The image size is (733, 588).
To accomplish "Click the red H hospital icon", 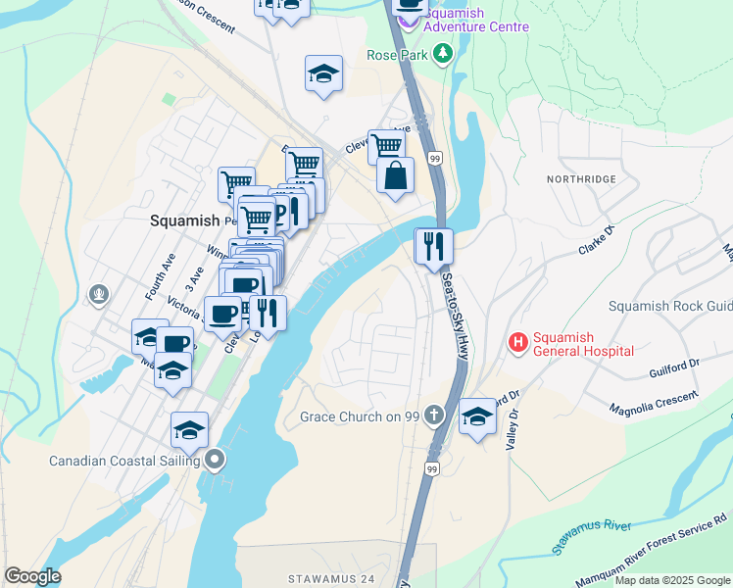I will point(517,342).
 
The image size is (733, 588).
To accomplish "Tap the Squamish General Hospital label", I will point(581,343).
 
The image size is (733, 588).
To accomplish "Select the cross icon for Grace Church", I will point(438,417).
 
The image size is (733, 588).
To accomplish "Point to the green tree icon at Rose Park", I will point(443,55).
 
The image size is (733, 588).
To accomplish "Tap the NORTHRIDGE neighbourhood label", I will point(582,179).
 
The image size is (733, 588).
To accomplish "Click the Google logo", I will point(32,576).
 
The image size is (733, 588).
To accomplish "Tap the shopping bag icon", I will point(395,176).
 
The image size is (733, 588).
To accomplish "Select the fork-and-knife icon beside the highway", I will point(432,246).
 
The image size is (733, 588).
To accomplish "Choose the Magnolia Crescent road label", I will point(654,401).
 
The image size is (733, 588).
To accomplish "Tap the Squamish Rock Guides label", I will point(669,306).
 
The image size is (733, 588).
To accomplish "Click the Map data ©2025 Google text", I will point(671,580).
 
